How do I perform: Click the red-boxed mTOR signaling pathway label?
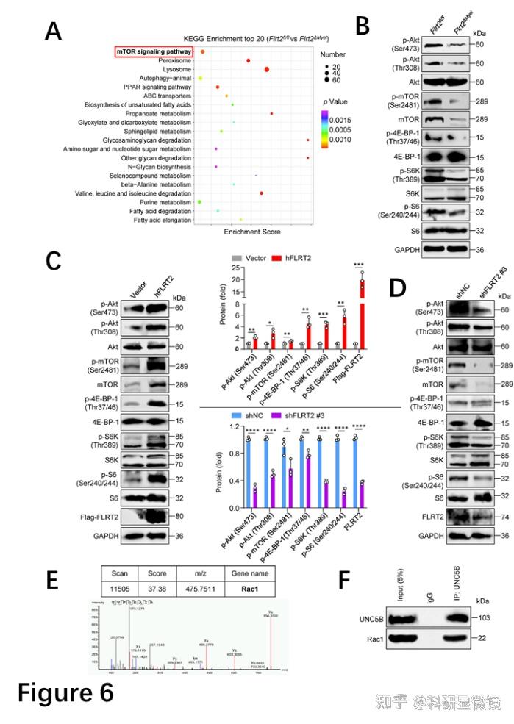coord(154,51)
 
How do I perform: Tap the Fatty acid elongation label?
coord(163,220)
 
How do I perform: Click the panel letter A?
coord(53,32)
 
